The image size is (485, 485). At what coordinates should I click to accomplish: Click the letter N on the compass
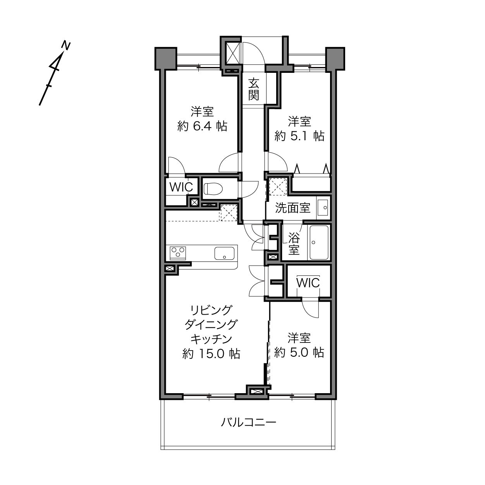(66, 46)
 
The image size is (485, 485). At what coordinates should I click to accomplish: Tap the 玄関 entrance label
(253, 89)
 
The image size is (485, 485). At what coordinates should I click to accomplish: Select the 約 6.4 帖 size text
(202, 126)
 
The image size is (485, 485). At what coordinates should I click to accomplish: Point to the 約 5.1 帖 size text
(299, 136)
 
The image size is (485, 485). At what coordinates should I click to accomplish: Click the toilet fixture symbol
(213, 189)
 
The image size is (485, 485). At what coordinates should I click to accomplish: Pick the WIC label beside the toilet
(181, 187)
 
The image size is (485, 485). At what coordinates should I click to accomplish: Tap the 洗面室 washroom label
(293, 208)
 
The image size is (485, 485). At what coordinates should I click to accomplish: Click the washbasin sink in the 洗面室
(323, 208)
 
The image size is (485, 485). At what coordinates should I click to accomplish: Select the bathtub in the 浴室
(319, 242)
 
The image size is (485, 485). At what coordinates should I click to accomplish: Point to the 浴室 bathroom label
(294, 243)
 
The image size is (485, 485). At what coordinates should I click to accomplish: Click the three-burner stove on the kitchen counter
(178, 253)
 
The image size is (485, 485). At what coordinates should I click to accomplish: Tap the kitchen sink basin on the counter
(224, 253)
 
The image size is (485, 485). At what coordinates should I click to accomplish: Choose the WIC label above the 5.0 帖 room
(308, 283)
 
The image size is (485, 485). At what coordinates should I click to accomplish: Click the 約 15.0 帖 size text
(211, 354)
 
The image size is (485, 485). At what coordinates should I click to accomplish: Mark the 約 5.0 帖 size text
(299, 353)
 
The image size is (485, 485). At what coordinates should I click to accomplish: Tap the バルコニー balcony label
(248, 422)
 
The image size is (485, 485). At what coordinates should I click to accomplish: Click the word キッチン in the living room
(211, 339)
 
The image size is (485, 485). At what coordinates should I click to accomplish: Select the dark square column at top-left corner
(166, 58)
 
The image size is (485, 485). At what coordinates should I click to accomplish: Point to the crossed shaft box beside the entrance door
(233, 53)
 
